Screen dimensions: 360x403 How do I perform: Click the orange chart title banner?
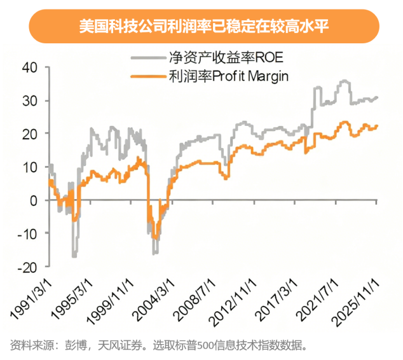[201, 27]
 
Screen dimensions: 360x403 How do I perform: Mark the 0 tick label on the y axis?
[33, 200]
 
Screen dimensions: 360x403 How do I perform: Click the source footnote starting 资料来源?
[159, 346]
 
